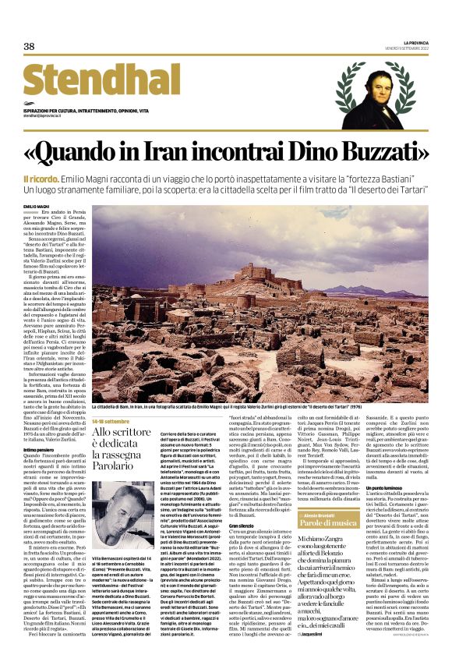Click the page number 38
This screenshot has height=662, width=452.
pyautogui.click(x=29, y=47)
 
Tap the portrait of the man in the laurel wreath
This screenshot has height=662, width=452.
pyautogui.click(x=377, y=94)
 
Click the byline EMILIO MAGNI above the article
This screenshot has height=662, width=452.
pyautogui.click(x=36, y=205)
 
